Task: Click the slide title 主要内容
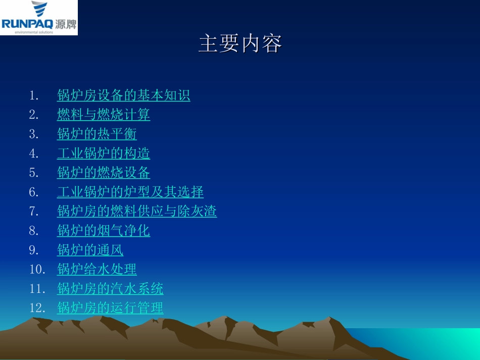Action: point(240,44)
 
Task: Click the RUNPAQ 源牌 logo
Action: point(39,18)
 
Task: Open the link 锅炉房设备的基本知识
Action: point(123,95)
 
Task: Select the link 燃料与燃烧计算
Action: point(103,115)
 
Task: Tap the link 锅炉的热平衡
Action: point(97,134)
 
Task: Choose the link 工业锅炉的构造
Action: point(103,153)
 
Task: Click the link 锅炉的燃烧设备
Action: point(103,172)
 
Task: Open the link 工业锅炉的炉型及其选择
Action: point(130,192)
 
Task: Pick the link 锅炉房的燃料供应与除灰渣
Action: point(136,211)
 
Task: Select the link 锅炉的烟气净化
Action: point(103,231)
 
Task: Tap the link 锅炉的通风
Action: point(90,250)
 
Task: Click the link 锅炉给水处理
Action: point(97,269)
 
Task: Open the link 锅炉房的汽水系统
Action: point(110,289)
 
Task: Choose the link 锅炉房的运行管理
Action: point(110,308)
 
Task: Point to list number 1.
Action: point(34,95)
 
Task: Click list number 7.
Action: point(34,211)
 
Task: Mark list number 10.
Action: point(37,269)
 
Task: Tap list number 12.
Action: point(37,308)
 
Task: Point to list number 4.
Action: point(34,153)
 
